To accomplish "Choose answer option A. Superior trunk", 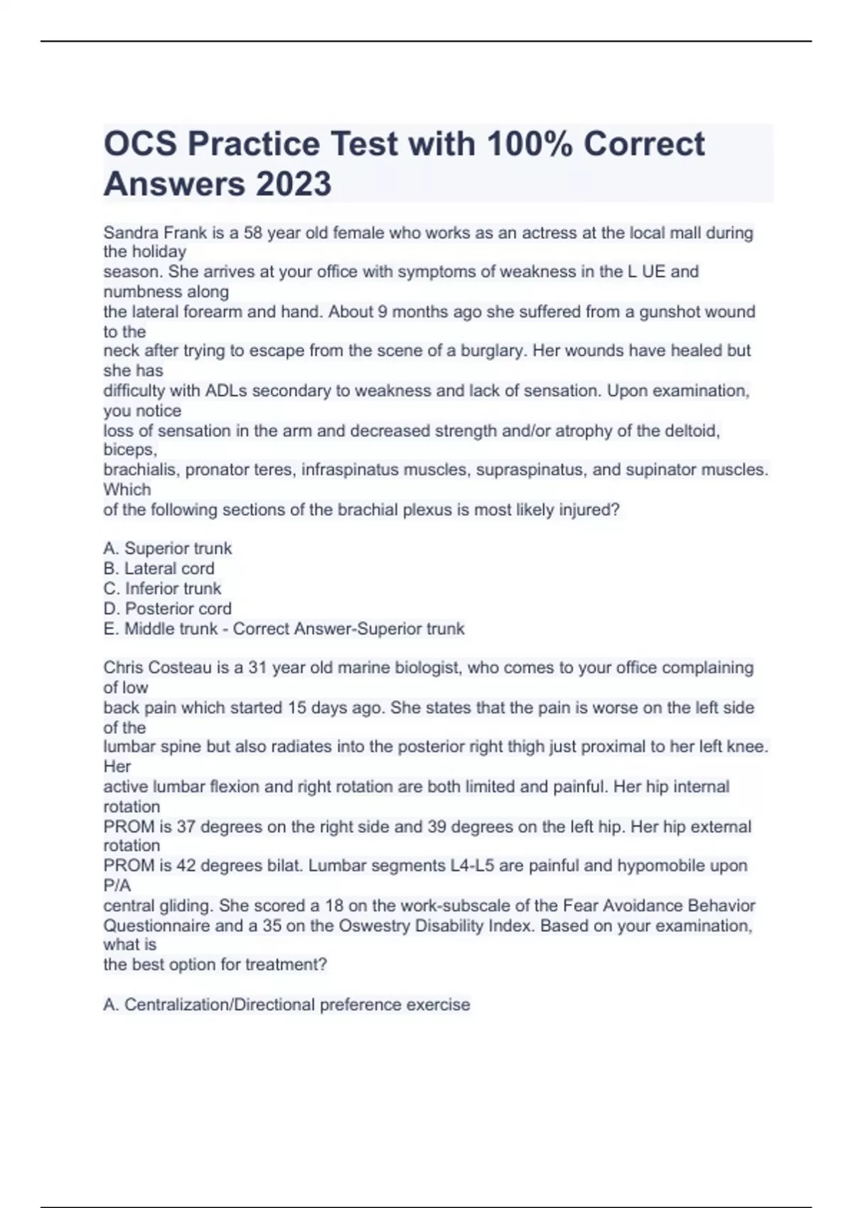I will click(168, 549).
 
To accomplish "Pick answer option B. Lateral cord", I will click(159, 568).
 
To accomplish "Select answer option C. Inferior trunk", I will click(162, 588).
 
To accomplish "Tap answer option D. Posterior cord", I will click(167, 608).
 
